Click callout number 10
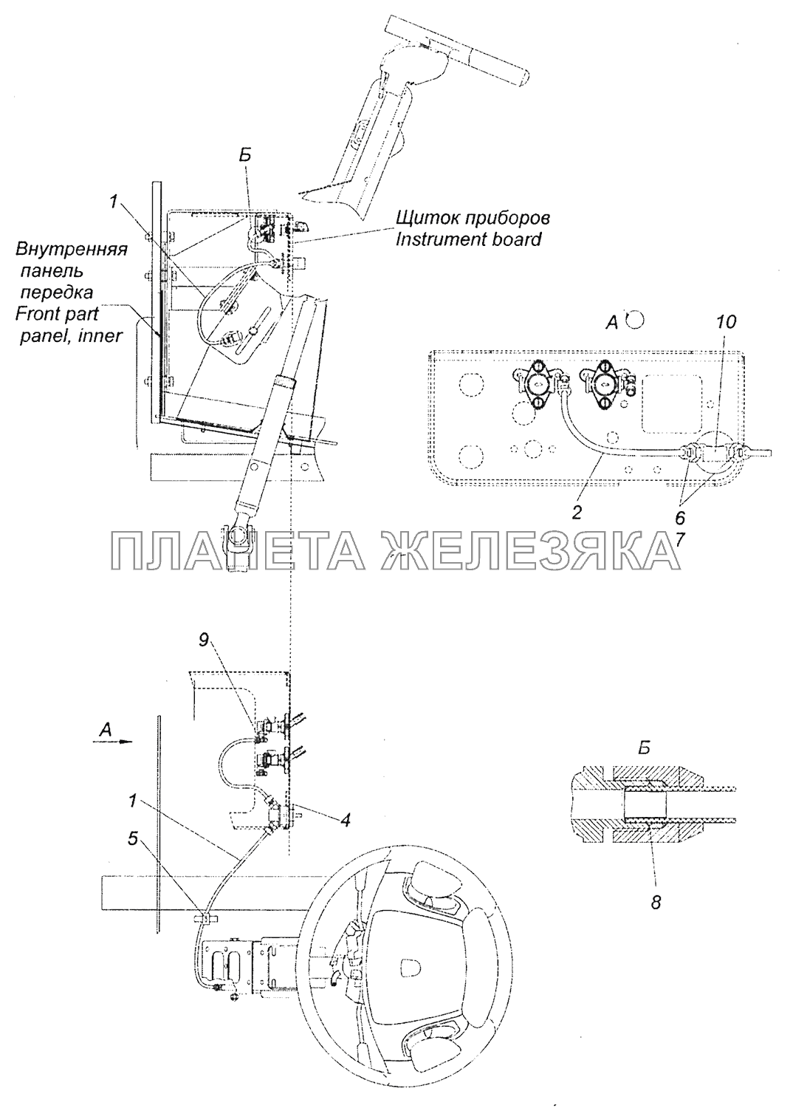(x=725, y=323)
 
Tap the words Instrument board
(x=469, y=239)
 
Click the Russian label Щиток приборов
(x=473, y=219)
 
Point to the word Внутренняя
(x=72, y=249)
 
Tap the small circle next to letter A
(x=635, y=320)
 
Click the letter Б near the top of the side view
(x=247, y=177)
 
